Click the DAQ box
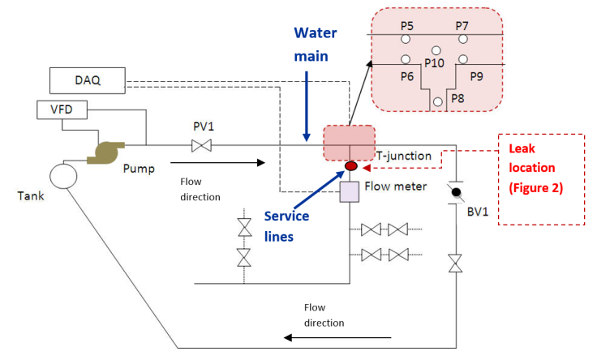88,80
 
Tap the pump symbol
107,152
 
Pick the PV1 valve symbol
201,146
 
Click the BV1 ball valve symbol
457,193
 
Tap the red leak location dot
351,167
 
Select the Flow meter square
350,192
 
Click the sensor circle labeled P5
405,38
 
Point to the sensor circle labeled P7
462,38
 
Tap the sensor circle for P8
438,101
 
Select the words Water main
315,43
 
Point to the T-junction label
403,156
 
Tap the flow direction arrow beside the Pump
217,163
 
